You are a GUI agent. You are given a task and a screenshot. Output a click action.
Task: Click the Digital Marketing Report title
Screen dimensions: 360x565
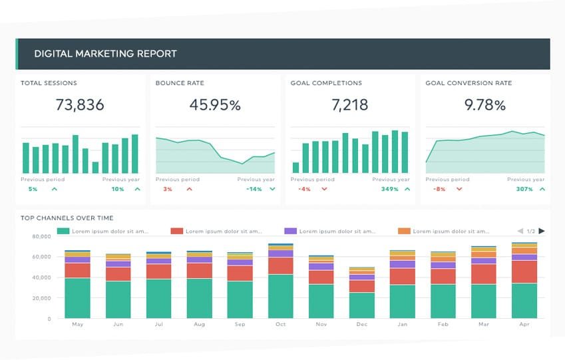105,54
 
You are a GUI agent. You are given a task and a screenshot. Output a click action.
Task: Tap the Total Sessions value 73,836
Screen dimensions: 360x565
80,104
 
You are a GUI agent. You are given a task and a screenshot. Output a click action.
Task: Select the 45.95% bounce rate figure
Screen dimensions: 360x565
215,104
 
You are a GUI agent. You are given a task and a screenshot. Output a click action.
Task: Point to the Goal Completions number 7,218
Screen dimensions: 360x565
350,104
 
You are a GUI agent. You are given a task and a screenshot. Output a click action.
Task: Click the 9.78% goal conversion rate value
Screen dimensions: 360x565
485,104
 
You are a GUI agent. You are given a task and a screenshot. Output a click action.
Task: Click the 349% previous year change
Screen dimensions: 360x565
390,189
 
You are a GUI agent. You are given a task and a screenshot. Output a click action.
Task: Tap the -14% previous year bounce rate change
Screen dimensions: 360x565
254,189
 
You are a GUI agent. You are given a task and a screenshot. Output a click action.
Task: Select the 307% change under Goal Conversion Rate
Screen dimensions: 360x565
524,189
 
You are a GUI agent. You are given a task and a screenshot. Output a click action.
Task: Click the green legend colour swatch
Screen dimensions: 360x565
64,231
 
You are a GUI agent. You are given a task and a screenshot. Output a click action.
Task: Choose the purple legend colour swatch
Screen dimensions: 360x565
290,231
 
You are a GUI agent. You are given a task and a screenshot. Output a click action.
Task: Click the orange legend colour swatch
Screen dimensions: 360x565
404,231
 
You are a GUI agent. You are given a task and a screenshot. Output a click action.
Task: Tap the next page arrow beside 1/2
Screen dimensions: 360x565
542,231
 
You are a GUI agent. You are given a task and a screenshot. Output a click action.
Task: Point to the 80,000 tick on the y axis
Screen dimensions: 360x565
41,236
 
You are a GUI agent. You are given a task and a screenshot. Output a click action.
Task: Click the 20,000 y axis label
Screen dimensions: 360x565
41,298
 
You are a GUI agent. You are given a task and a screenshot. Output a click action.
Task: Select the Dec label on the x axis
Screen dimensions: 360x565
362,324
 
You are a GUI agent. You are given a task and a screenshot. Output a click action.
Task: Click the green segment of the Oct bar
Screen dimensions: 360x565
281,296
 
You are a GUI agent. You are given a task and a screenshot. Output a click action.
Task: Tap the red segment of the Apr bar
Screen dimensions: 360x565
524,271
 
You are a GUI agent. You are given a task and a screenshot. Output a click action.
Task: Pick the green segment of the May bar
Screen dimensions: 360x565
77,297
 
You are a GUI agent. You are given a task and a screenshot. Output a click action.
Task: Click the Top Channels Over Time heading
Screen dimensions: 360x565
67,218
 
